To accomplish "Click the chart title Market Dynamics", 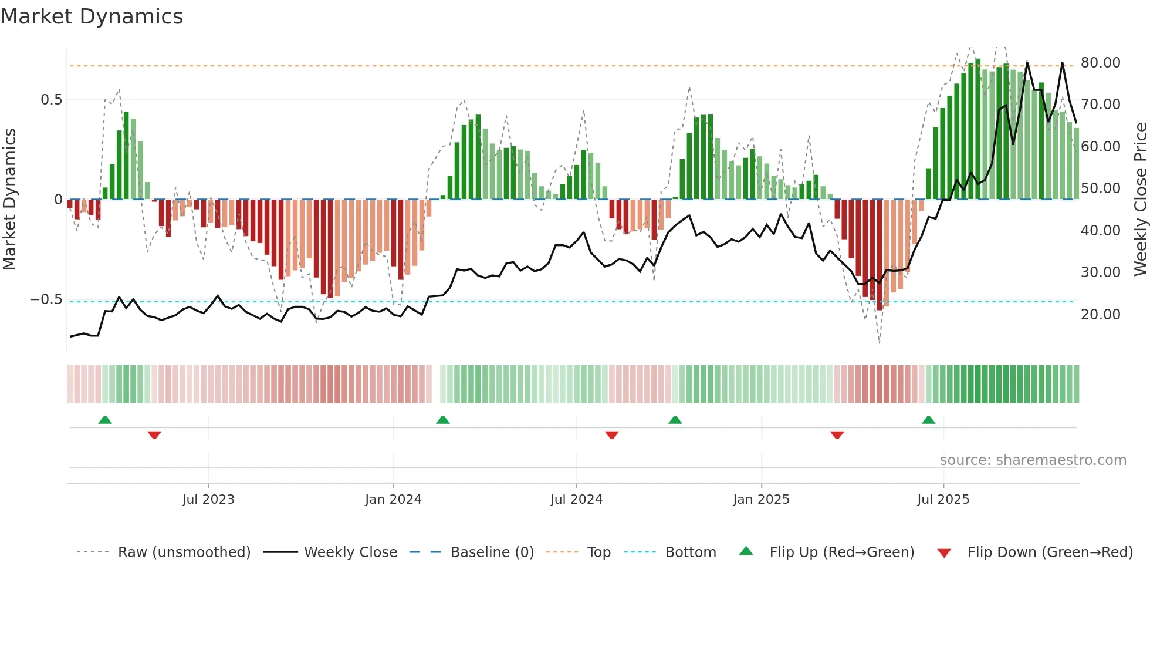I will pyautogui.click(x=92, y=16).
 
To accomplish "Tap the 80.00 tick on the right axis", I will pyautogui.click(x=1100, y=63).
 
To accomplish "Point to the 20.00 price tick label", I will pyautogui.click(x=1100, y=315).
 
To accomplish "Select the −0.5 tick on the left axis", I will pyautogui.click(x=46, y=299).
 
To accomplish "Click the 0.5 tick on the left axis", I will pyautogui.click(x=51, y=100).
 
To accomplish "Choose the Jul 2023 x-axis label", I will pyautogui.click(x=208, y=500).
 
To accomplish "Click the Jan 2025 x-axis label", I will pyautogui.click(x=761, y=500).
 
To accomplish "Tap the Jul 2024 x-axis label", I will pyautogui.click(x=576, y=500).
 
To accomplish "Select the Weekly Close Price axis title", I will pyautogui.click(x=1140, y=200).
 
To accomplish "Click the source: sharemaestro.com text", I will pyautogui.click(x=1033, y=460).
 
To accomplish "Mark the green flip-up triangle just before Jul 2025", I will pyautogui.click(x=928, y=420).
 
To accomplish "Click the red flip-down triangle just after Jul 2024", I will pyautogui.click(x=611, y=435).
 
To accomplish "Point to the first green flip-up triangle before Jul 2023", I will pyautogui.click(x=105, y=420).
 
